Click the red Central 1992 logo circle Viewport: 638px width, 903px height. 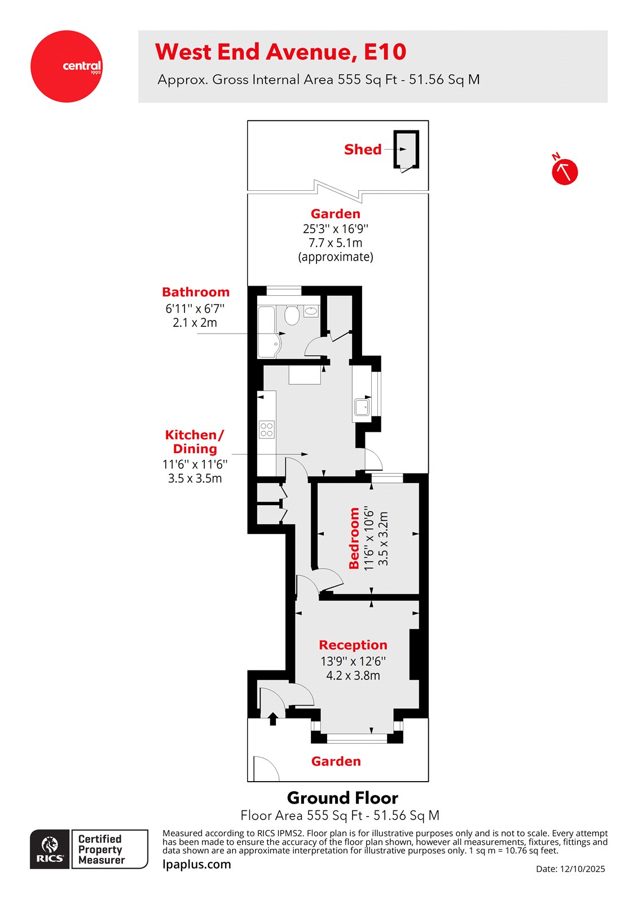66,67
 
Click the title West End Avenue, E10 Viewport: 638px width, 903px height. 280,52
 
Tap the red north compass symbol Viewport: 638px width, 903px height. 564,172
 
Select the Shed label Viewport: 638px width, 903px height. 363,150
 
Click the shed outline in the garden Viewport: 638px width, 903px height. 406,149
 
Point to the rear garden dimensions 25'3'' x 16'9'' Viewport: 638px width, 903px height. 335,229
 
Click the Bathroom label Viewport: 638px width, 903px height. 196,292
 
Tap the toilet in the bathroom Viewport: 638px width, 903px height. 291,315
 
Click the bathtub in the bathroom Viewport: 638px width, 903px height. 266,332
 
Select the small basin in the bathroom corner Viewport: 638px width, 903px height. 311,311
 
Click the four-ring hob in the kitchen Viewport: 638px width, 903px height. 267,429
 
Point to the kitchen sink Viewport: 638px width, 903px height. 362,406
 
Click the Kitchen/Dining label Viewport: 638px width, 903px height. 195,442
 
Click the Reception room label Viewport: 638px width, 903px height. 353,645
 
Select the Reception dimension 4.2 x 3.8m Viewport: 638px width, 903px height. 353,676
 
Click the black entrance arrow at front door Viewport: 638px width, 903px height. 273,718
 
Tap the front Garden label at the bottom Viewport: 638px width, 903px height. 336,761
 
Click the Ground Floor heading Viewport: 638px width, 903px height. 342,798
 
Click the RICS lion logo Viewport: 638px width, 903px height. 50,848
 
